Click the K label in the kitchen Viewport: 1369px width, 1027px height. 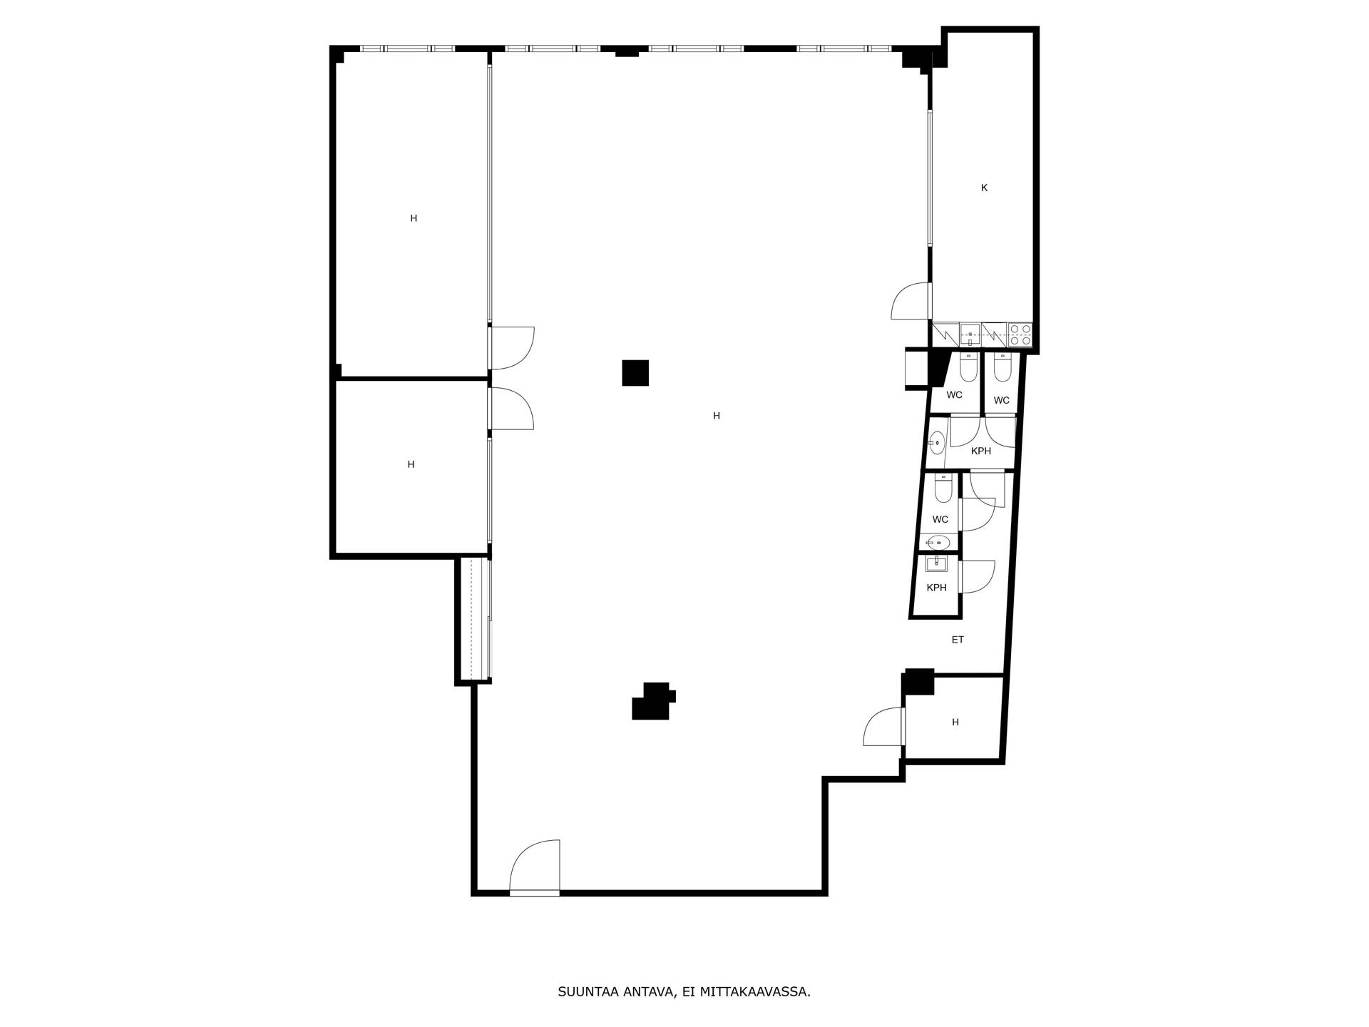click(984, 188)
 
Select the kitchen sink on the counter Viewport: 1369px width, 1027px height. click(970, 334)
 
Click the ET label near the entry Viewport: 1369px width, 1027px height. click(958, 640)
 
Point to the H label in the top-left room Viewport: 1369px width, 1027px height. click(414, 218)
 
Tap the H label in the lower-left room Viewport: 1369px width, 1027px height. click(411, 464)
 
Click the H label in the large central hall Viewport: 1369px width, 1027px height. click(717, 416)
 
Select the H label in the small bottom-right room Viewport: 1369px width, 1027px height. click(955, 722)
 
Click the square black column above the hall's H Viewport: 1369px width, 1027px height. click(635, 373)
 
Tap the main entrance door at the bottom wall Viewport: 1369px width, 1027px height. click(535, 867)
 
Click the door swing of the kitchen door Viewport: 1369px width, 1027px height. click(911, 301)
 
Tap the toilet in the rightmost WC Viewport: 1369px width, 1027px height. click(1003, 369)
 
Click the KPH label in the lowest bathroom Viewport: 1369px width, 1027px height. click(936, 588)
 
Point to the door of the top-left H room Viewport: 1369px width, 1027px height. click(512, 348)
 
